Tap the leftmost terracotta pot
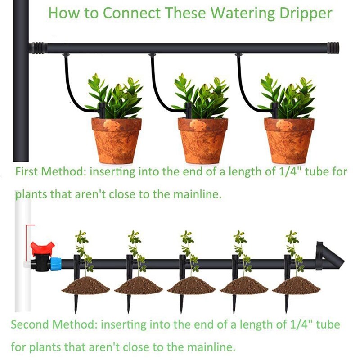pos(117,140)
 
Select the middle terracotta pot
pos(202,140)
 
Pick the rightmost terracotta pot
pos(289,140)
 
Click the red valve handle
pos(42,248)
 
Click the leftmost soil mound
pos(85,285)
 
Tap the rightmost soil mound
pos(296,285)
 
